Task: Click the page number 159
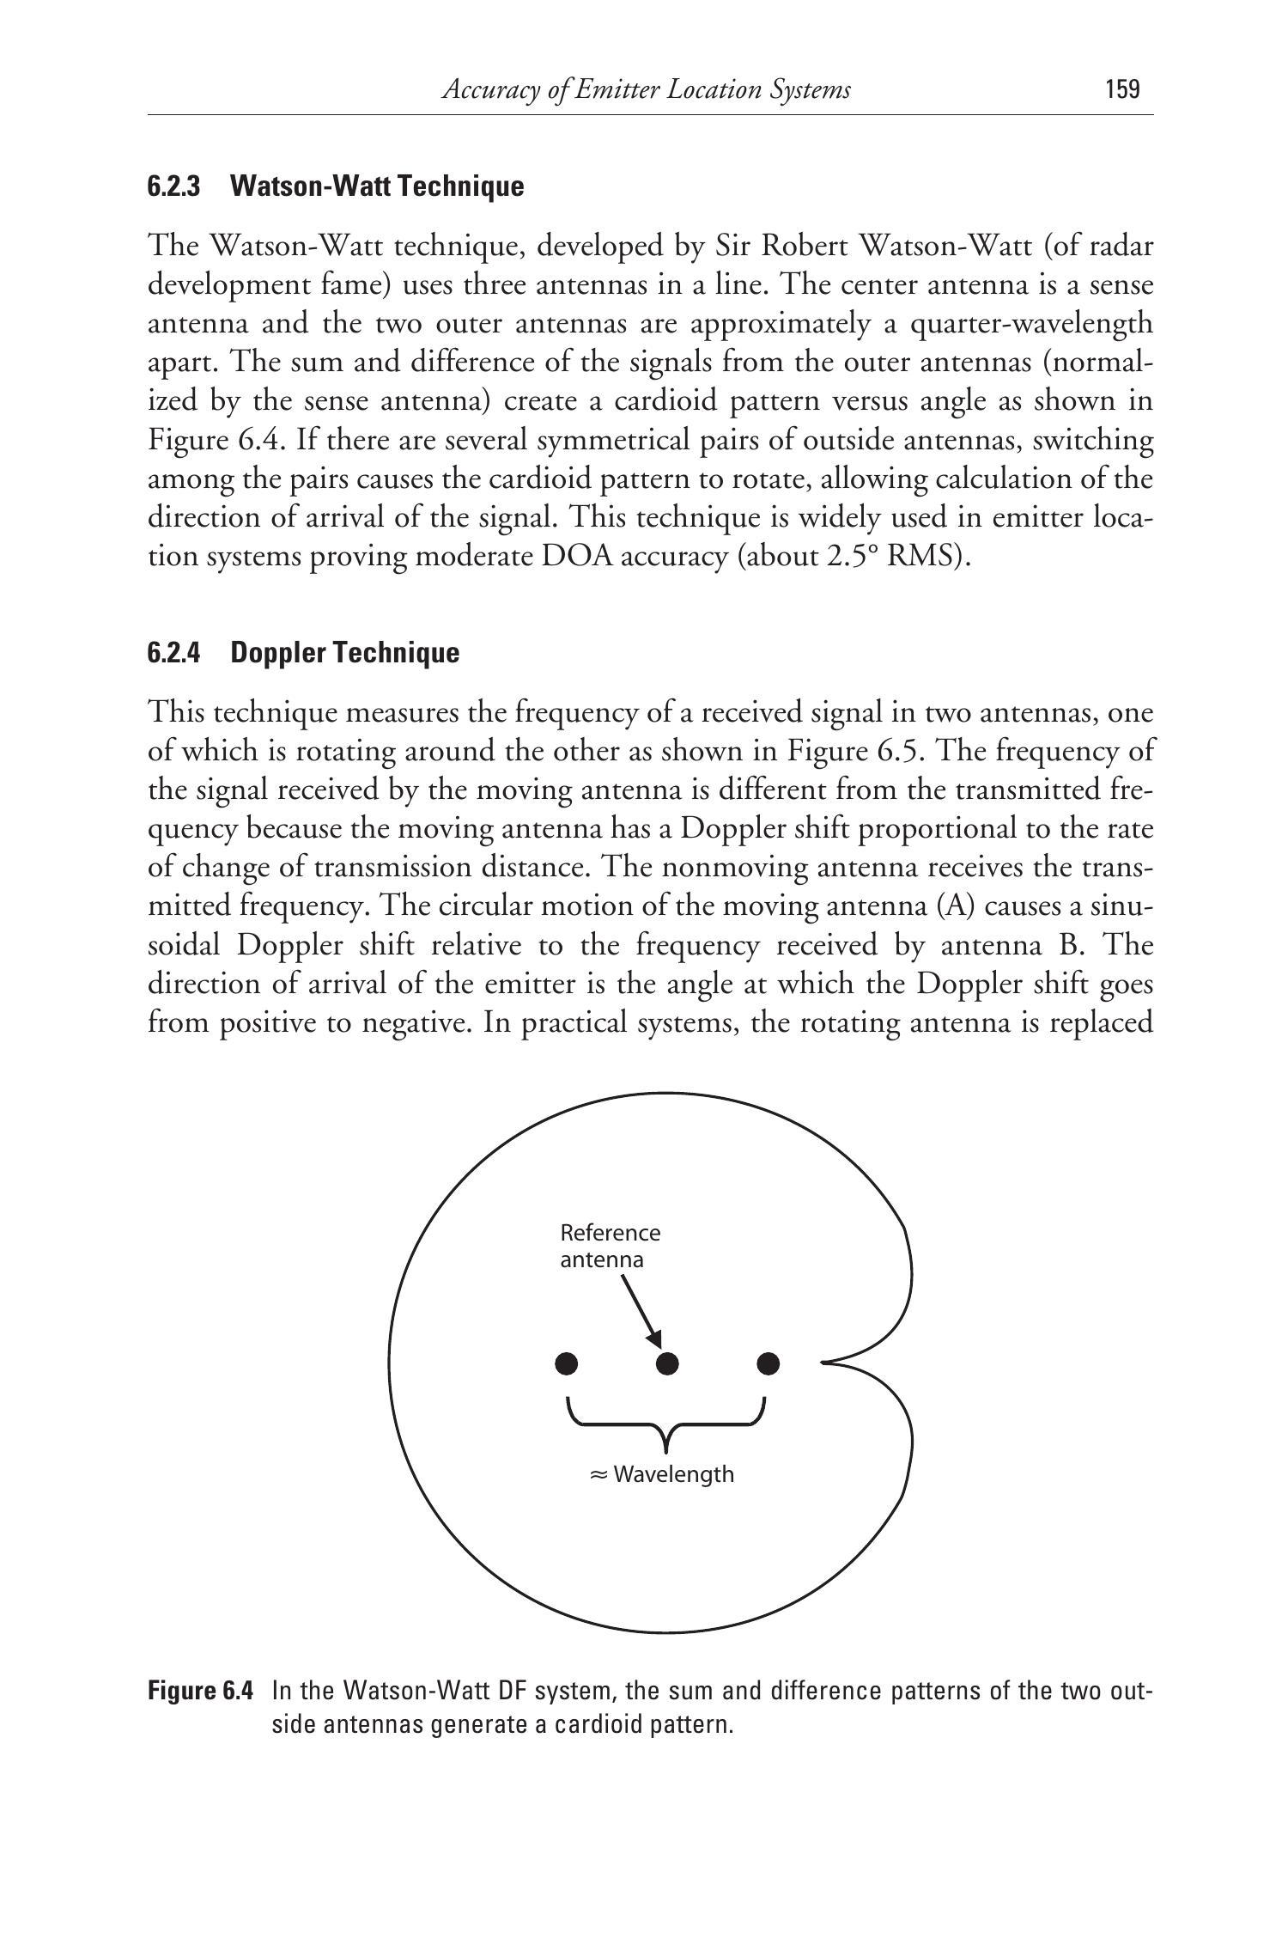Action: pos(1123,89)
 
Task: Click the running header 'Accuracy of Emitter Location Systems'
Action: pos(646,89)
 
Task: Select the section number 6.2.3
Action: pos(173,186)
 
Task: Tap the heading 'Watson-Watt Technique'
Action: pos(377,186)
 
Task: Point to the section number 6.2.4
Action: pos(173,653)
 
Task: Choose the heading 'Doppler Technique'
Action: pos(345,653)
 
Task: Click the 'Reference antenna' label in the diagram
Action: pos(610,1246)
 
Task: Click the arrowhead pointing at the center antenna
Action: pos(655,1340)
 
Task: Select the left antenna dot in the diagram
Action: pos(567,1363)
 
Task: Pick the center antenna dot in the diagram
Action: pos(667,1363)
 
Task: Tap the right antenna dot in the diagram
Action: pos(769,1363)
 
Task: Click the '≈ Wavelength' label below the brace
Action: pos(662,1474)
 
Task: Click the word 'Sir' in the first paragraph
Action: pos(735,247)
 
